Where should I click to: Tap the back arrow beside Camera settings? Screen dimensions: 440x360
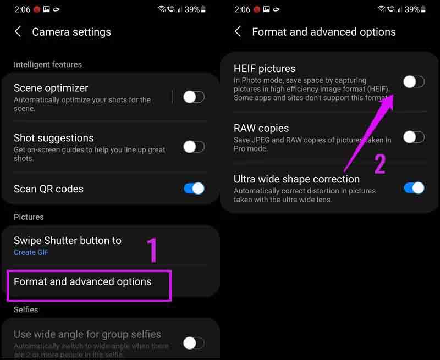coord(18,32)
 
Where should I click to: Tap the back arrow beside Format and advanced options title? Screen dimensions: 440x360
coord(238,32)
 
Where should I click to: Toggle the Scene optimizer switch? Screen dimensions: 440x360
coord(194,97)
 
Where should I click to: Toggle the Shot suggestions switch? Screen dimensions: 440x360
coord(194,147)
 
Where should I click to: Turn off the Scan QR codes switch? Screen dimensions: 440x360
coord(194,189)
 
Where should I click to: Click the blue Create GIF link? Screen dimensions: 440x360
coord(31,252)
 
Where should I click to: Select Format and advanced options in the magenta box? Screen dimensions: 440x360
coord(83,281)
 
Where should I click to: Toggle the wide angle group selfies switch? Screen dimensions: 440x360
coord(194,343)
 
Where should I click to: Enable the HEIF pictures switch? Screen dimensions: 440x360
coord(414,82)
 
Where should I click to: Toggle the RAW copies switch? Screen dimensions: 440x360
coord(414,137)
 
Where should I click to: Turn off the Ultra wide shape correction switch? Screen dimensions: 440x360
coord(414,188)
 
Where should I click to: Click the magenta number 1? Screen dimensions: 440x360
coord(152,250)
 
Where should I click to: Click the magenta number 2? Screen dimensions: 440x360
coord(380,164)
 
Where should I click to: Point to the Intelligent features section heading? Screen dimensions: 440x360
coord(48,64)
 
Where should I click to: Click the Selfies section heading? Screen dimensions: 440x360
coord(26,309)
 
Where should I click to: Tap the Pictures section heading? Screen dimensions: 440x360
coord(29,217)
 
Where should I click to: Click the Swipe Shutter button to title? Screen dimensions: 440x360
coord(68,241)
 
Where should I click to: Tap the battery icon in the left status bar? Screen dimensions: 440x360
coord(204,9)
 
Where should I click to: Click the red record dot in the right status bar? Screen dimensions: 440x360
coord(257,9)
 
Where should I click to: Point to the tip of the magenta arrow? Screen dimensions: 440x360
coord(394,95)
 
